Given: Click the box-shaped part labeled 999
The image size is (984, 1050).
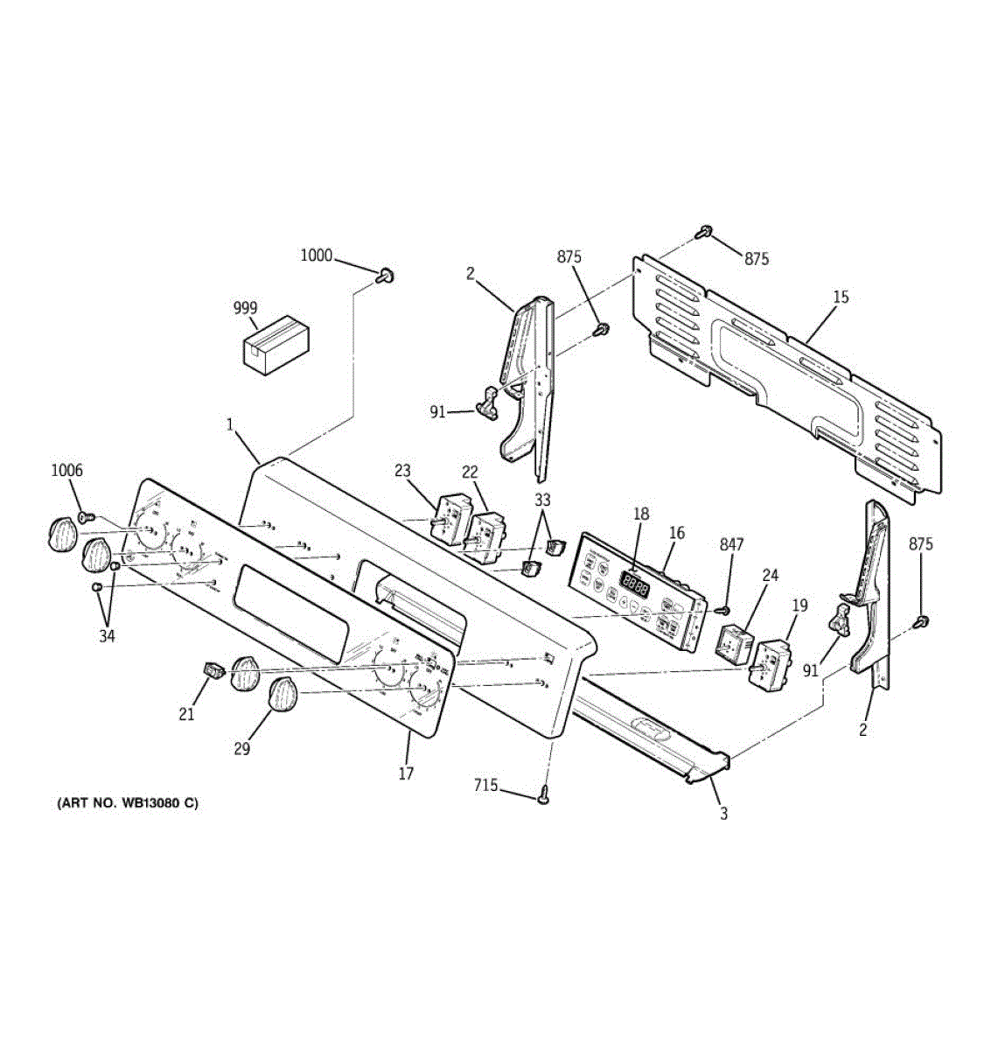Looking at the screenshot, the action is (x=276, y=348).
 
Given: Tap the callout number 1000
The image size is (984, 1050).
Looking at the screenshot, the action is (x=316, y=255).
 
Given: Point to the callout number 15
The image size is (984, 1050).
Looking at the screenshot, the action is (x=840, y=297).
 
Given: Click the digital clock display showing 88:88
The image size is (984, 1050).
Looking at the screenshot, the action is (x=635, y=581).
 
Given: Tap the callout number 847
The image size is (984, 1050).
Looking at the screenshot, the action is (x=731, y=544).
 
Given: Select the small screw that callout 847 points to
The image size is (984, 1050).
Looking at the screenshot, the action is (x=722, y=609).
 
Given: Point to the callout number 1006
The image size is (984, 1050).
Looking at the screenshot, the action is (x=66, y=471).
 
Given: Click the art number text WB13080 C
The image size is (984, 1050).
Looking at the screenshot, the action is (x=128, y=803).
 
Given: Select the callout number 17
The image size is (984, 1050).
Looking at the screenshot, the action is (x=406, y=773).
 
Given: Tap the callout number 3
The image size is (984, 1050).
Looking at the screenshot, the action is (x=723, y=814).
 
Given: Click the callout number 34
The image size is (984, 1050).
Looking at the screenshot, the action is (x=106, y=635).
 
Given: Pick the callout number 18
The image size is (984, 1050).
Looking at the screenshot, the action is (x=641, y=514).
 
